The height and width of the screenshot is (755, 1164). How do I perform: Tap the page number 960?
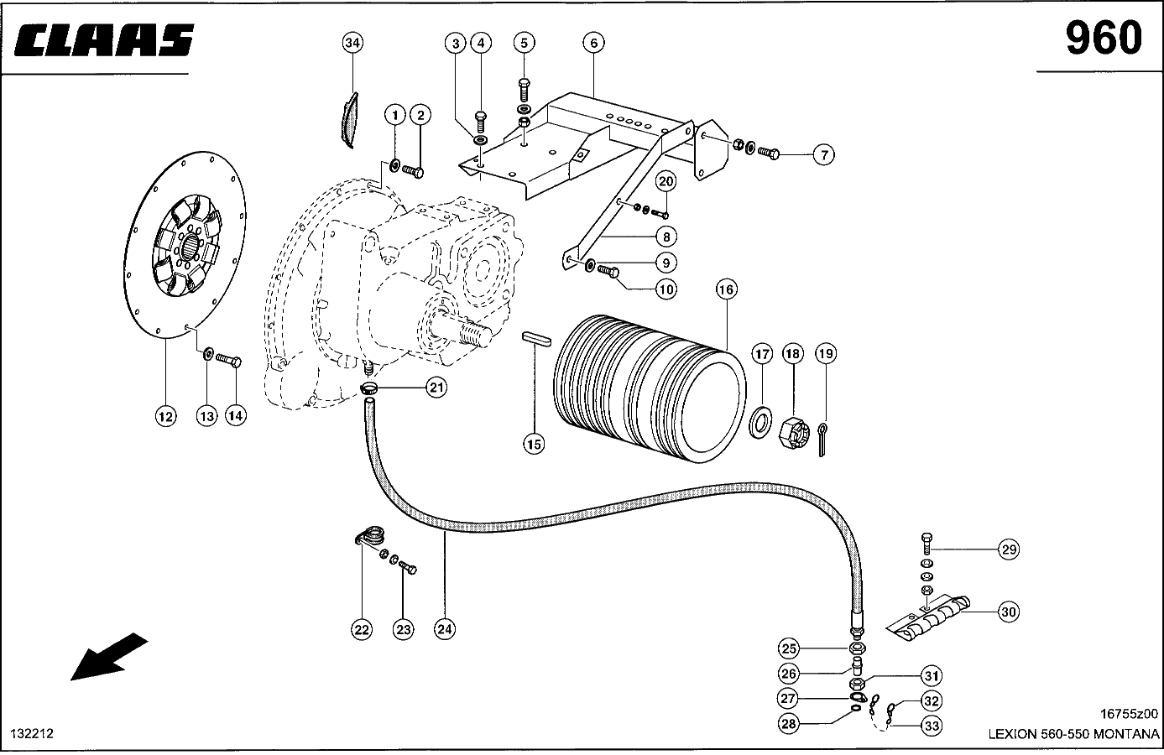point(1103,38)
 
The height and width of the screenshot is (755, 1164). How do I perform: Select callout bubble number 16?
point(726,289)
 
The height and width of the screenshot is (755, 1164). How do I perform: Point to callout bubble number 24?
point(445,629)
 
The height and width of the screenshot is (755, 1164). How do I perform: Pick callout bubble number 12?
point(165,415)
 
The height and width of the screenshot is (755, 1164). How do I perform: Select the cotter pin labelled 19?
point(826,438)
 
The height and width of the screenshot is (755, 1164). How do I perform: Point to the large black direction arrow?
point(109,656)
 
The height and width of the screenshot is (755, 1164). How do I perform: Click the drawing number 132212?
point(33,733)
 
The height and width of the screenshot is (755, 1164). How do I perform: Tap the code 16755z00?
point(1127,714)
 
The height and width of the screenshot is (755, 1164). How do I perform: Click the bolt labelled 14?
point(229,361)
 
